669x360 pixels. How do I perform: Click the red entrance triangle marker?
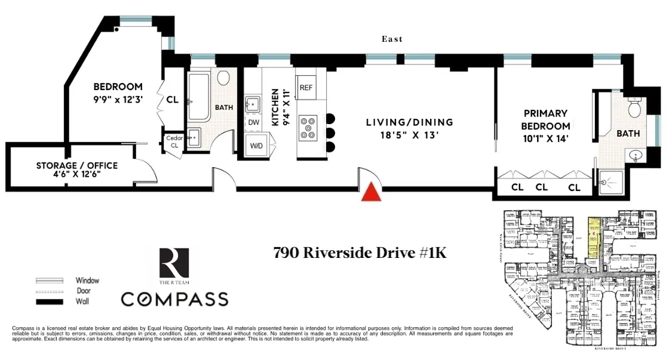point(372,192)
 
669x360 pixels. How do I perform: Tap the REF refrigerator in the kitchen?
point(306,87)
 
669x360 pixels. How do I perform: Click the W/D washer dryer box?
point(256,145)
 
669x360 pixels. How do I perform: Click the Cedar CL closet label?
point(174,141)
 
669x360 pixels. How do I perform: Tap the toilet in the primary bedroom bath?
point(635,108)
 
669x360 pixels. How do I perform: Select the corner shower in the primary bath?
point(607,182)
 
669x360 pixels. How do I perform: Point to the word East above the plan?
point(392,39)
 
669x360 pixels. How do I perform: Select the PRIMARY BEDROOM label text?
point(546,119)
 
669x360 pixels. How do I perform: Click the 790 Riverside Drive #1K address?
point(360,253)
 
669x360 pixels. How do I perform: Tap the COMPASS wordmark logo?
point(174,299)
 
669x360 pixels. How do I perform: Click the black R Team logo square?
point(174,263)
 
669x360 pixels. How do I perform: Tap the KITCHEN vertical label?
point(275,107)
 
